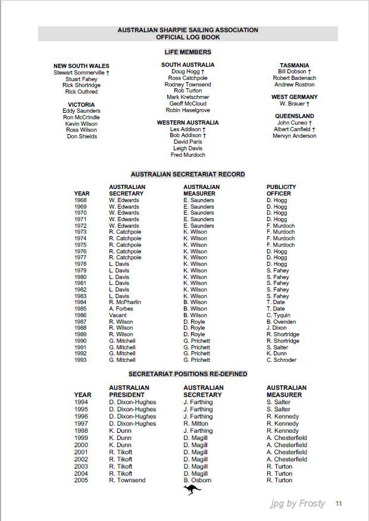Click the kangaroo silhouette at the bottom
point(192,490)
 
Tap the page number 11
point(339,503)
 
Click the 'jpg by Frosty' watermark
point(298,503)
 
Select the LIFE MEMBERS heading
point(187,52)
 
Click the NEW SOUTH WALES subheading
point(82,66)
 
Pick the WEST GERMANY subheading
point(295,97)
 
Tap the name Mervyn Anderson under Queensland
point(295,136)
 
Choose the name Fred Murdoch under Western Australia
point(187,155)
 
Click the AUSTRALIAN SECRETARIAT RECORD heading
point(187,175)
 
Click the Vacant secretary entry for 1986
point(118,315)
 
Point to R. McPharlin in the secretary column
point(125,302)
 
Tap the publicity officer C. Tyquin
point(279,315)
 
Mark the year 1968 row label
point(80,200)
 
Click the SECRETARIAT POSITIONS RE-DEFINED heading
point(187,374)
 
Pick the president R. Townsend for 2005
point(127,480)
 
